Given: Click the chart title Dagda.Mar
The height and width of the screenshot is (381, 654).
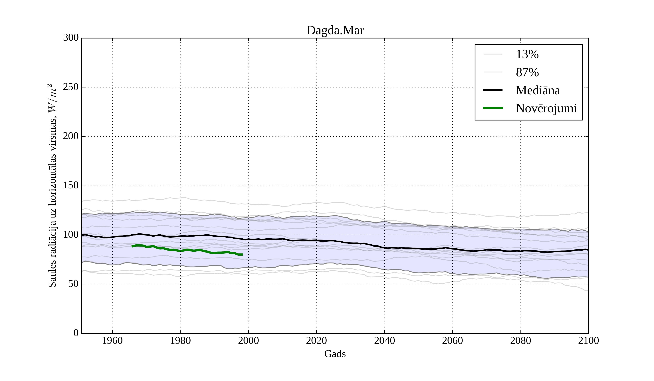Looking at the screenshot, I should point(335,31).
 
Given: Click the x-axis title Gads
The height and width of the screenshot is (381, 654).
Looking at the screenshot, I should point(335,354).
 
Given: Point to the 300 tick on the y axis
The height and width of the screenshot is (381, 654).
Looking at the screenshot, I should point(71,38).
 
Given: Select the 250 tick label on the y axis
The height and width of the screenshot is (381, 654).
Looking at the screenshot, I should point(71,87).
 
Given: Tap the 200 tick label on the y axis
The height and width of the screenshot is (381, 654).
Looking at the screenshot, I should point(71,136).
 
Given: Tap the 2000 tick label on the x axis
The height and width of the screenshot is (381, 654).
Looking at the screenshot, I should point(248,341).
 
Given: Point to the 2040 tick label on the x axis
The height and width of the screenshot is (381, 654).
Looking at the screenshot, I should point(384,341).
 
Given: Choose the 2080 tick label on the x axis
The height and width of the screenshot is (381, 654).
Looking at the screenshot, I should point(520,341).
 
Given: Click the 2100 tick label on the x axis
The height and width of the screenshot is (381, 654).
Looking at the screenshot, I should point(588,341).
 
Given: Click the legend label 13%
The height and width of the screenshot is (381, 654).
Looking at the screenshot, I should point(527,54).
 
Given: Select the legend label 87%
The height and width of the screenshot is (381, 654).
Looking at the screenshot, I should point(527,72).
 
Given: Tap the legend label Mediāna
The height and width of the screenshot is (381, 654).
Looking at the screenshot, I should point(538,91).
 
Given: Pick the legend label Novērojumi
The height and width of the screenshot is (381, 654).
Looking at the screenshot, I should point(546,108).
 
